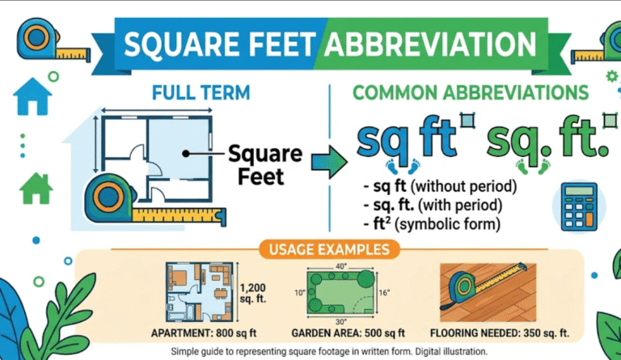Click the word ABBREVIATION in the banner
(x=429, y=42)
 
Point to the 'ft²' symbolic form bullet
(x=437, y=222)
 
